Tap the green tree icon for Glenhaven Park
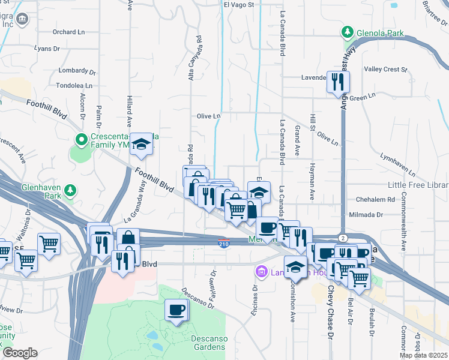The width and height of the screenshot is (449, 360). click(x=71, y=190)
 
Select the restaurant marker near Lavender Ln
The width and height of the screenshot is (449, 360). click(x=338, y=81)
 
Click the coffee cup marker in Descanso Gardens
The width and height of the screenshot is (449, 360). click(x=176, y=310)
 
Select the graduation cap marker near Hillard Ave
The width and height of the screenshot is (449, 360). click(x=142, y=145)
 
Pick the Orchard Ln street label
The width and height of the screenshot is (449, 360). click(x=68, y=32)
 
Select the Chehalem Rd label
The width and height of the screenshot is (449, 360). click(x=375, y=199)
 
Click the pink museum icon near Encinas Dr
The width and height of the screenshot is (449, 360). click(x=261, y=272)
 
